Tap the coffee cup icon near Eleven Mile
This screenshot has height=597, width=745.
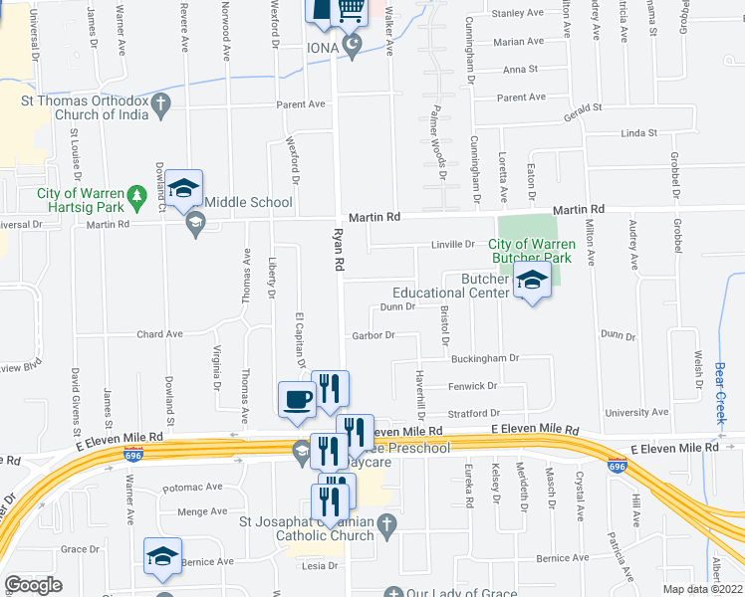tap(299, 400)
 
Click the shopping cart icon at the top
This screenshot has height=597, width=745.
tap(350, 10)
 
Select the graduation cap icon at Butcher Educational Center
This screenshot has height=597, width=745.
tap(532, 282)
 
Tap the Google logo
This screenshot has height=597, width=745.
tap(33, 585)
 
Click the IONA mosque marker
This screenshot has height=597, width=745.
tap(351, 46)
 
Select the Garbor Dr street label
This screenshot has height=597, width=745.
tap(373, 335)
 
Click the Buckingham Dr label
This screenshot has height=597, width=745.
tap(485, 358)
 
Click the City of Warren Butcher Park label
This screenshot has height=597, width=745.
tap(532, 251)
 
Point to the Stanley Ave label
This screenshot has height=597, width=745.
tap(517, 14)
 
